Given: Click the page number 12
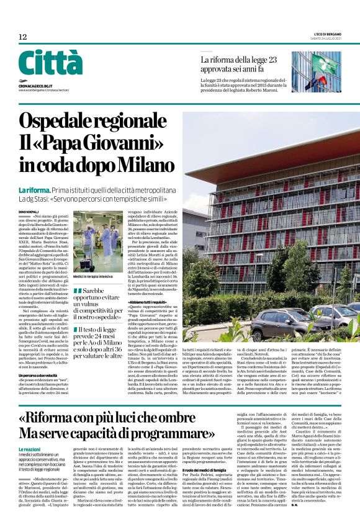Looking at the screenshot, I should pos(22,37).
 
